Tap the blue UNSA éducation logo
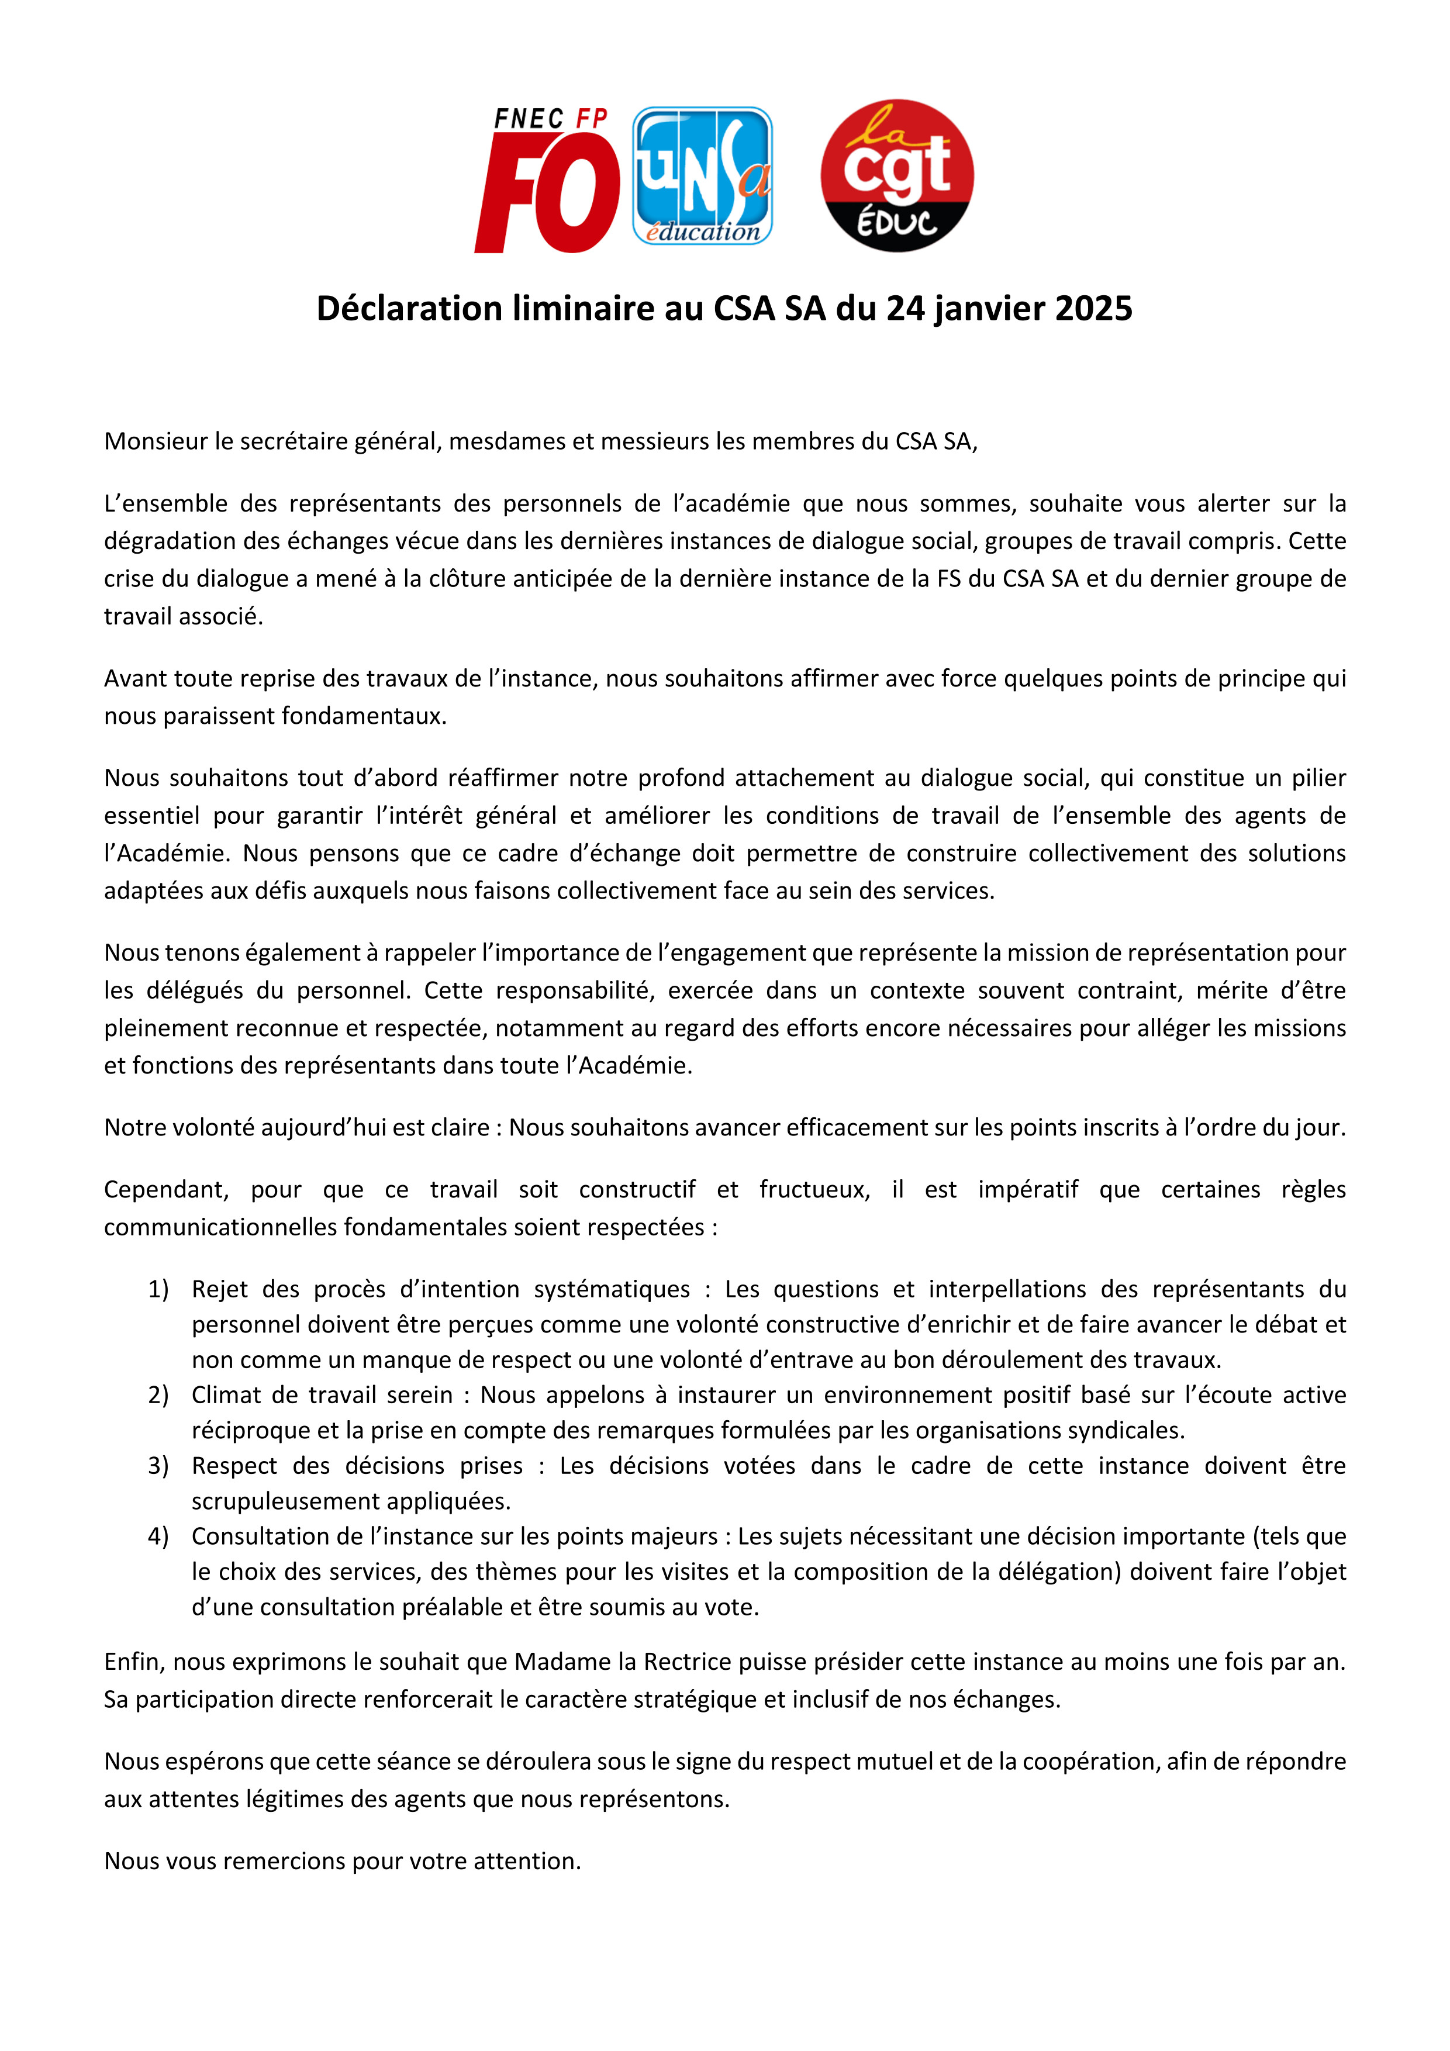click(702, 176)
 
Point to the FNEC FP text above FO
click(550, 119)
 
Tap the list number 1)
click(158, 1289)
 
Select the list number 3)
click(158, 1465)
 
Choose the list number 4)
click(158, 1535)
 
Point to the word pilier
click(1318, 778)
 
